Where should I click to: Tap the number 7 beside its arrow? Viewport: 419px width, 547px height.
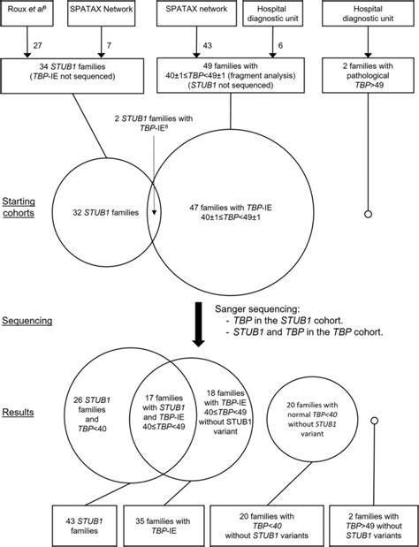pos(105,44)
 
